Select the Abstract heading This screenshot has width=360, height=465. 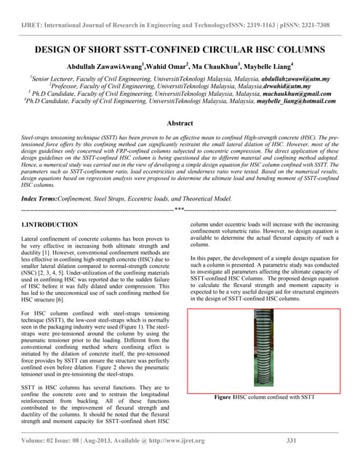pyautogui.click(x=180, y=124)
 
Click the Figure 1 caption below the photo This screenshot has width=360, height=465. pyautogui.click(x=270, y=397)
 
